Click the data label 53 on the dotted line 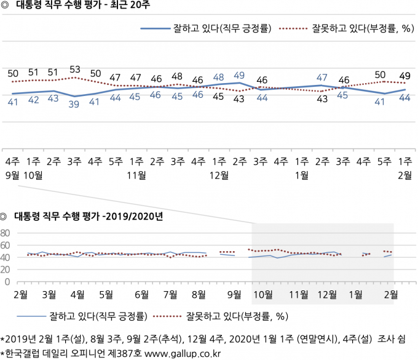(75, 70)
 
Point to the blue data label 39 (74, 104)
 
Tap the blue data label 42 (34, 100)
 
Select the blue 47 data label (321, 78)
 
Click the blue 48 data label (218, 77)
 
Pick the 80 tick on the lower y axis (5, 233)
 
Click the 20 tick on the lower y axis (5, 270)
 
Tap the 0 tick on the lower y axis (7, 282)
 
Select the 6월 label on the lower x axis (141, 295)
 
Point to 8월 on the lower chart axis (199, 295)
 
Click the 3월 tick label (49, 295)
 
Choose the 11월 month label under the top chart (136, 175)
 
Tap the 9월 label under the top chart (12, 175)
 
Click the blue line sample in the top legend (156, 28)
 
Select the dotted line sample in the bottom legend (167, 316)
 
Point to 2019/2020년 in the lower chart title (135, 216)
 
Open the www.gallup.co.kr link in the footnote (183, 354)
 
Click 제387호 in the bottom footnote (125, 354)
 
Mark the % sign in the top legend (406, 28)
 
